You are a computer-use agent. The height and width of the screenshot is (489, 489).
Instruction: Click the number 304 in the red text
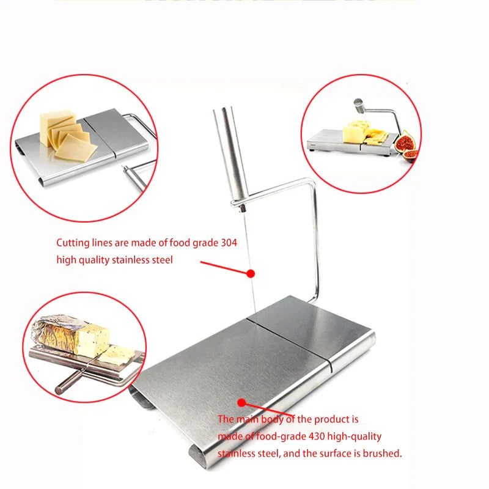227,243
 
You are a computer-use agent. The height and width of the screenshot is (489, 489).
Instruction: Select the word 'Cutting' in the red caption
72,243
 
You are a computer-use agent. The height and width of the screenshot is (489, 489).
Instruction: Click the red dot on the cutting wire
250,274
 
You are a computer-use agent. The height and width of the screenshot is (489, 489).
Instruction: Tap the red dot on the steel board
241,402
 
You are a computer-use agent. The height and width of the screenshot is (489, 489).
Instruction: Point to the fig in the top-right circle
405,144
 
